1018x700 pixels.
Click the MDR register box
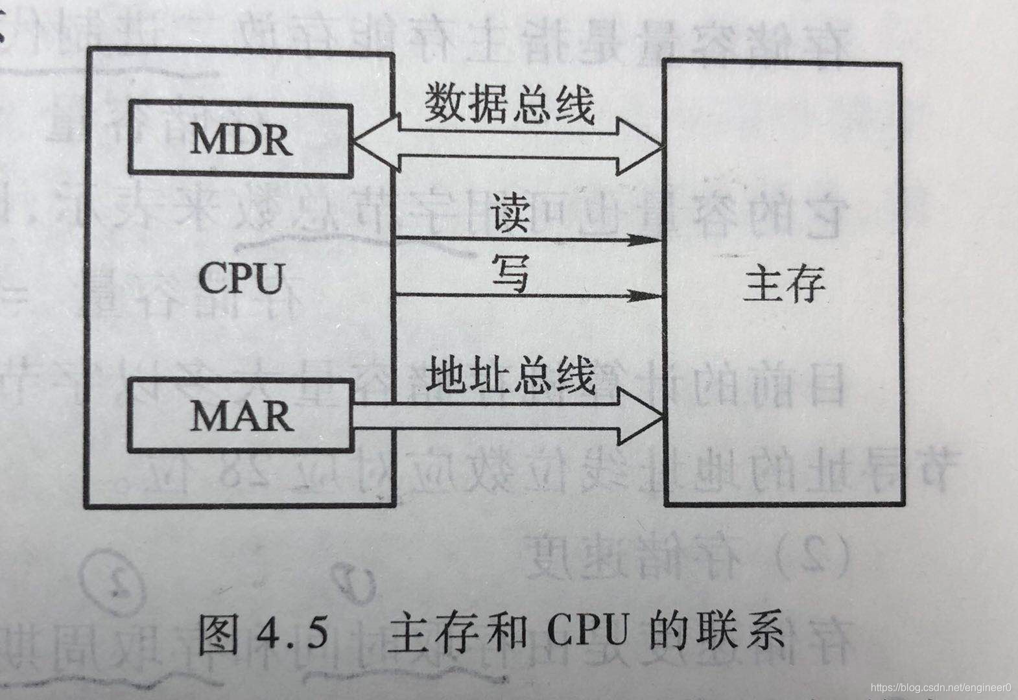[240, 137]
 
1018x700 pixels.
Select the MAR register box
[241, 415]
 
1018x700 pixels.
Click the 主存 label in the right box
[783, 285]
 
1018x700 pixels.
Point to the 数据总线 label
[510, 105]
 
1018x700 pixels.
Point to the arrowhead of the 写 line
[648, 296]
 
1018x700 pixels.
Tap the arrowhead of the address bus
[642, 415]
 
